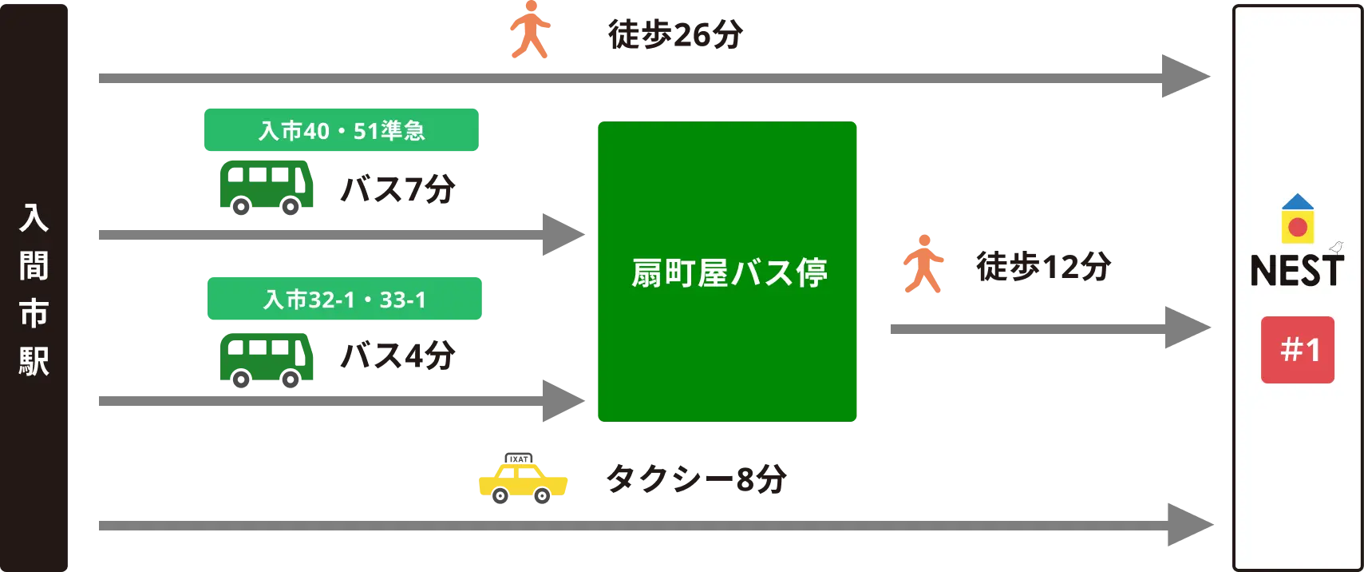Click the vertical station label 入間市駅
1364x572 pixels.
[34, 289]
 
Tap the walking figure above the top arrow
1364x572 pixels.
[529, 31]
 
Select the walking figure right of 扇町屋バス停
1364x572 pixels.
[923, 263]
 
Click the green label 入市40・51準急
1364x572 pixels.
[342, 129]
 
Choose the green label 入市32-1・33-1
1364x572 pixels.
[345, 299]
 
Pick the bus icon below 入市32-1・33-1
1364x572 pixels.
[267, 359]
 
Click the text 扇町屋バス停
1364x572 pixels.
[728, 272]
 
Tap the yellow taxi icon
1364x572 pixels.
[523, 480]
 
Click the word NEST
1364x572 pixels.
[1297, 272]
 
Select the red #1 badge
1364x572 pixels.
[1298, 350]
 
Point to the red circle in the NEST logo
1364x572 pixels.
[1298, 227]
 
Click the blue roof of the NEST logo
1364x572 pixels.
[1298, 202]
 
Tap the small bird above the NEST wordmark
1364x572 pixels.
[1337, 248]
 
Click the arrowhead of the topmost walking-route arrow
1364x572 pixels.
[1188, 77]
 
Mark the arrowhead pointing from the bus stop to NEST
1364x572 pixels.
[1188, 327]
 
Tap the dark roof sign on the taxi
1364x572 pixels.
[521, 455]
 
